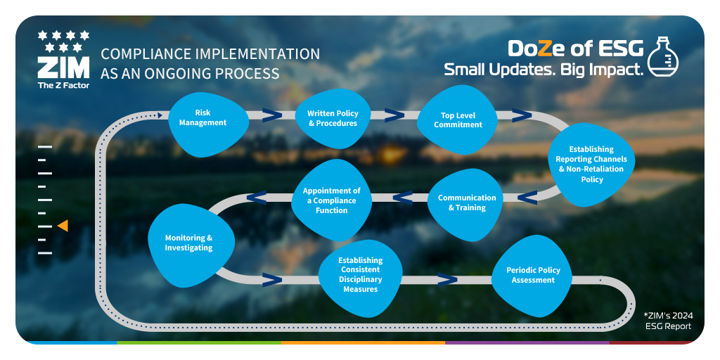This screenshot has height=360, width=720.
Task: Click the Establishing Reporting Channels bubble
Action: pos(591,164)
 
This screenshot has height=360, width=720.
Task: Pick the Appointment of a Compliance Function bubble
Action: pos(331,200)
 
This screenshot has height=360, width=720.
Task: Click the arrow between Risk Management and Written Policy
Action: pos(271,115)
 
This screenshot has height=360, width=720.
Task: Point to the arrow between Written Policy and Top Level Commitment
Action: pos(394,115)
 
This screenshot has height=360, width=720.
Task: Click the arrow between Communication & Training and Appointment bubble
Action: pos(402,198)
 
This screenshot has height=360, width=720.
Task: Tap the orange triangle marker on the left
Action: pos(63,226)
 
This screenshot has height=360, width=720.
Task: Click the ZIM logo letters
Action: pos(63,68)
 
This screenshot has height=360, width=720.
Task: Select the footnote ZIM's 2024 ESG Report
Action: pos(668,321)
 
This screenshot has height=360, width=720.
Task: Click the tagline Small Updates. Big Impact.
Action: pos(544,70)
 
